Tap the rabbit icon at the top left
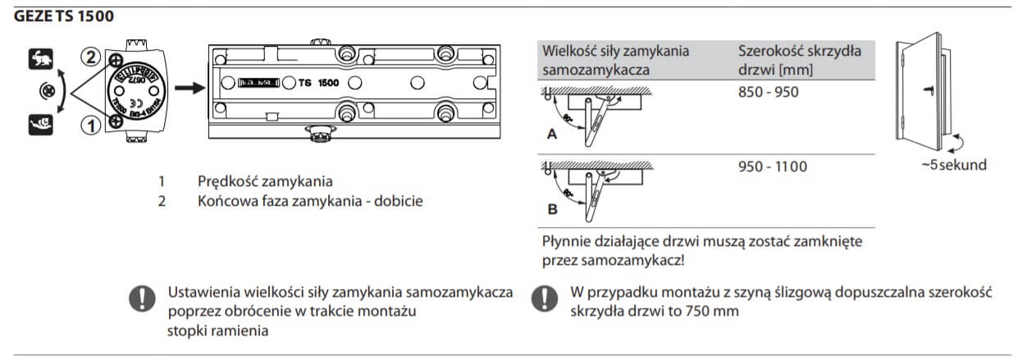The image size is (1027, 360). click(x=40, y=57)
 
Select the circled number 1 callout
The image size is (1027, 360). click(x=93, y=124)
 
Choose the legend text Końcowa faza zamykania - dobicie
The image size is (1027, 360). click(x=310, y=200)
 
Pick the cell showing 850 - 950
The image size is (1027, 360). click(x=768, y=92)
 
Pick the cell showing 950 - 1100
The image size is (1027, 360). click(x=772, y=166)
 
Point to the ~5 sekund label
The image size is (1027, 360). click(x=953, y=165)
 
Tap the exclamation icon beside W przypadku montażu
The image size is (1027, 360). click(x=542, y=298)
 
